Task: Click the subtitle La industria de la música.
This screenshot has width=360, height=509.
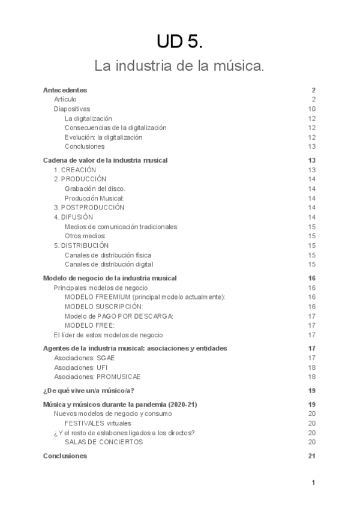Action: coord(179,65)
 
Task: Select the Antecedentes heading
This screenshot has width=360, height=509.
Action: coord(65,89)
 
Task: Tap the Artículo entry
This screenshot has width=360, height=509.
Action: coord(65,99)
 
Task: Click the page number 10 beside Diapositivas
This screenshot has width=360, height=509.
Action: coord(311,109)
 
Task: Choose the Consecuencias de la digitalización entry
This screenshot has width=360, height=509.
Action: coord(116,128)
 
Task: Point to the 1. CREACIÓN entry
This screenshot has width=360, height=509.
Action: coord(75,170)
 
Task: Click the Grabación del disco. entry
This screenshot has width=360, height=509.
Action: coord(95,189)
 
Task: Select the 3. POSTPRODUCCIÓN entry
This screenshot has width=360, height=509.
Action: coord(89,208)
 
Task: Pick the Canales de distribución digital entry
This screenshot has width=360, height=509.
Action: coord(109,264)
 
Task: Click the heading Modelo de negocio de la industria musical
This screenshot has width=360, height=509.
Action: coord(110,279)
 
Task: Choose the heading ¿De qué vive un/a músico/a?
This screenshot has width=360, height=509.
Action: coord(89,391)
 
